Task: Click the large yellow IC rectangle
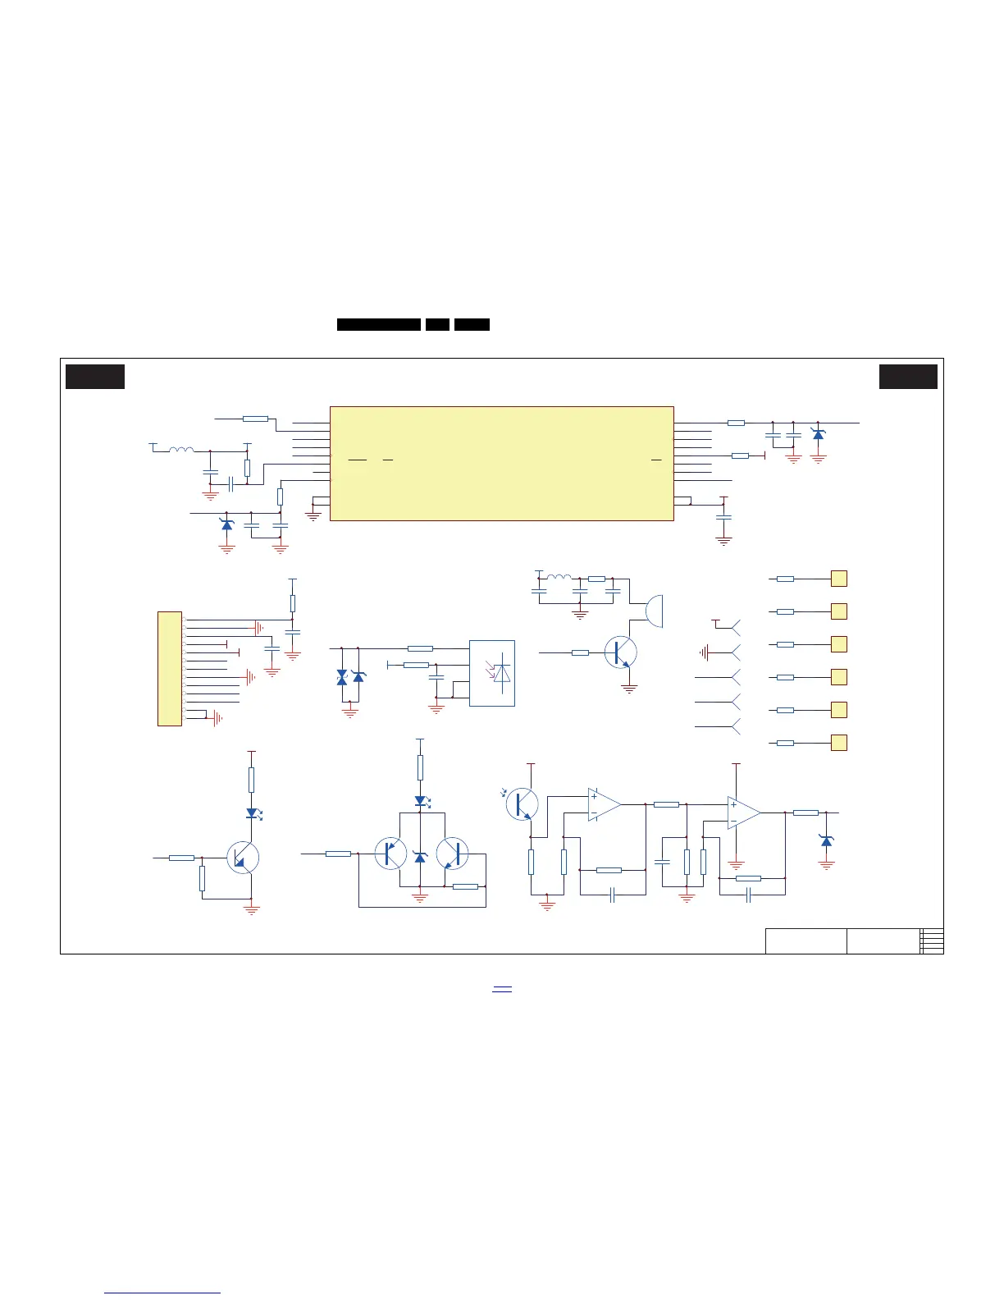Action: coord(501,463)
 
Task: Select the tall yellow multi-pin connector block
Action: coord(169,668)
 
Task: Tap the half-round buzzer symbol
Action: coord(654,611)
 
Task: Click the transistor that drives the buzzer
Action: coord(620,652)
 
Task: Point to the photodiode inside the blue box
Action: coord(500,673)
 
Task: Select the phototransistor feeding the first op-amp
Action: coord(522,804)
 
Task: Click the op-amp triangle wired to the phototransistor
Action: coord(603,804)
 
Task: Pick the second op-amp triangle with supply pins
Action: coord(742,812)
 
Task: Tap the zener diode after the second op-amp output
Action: coord(826,840)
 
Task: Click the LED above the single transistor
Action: coord(252,813)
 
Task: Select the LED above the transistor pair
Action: coord(421,800)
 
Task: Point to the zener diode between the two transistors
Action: coord(421,857)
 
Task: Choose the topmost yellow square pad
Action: coord(838,579)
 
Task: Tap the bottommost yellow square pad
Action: coord(838,743)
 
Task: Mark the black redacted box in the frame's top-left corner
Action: coord(95,377)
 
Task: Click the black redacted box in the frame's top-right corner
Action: coord(908,377)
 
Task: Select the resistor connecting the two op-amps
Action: coord(666,804)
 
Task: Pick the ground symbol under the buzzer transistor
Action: coord(629,689)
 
